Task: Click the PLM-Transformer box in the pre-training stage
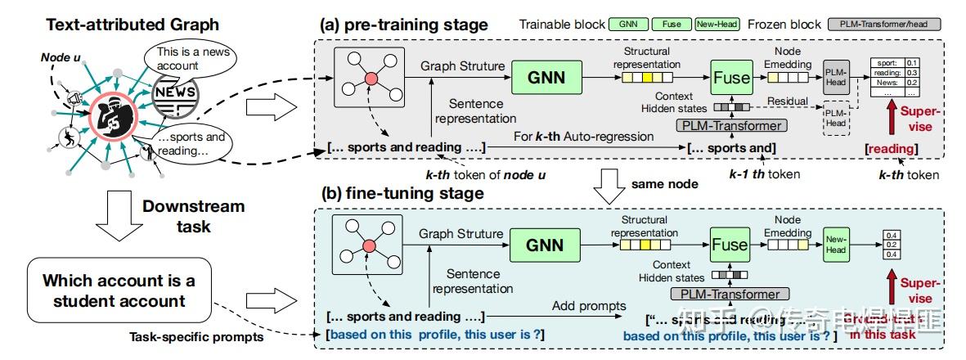coord(730,125)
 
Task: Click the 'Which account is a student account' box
coord(120,290)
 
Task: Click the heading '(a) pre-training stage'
coord(403,25)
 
